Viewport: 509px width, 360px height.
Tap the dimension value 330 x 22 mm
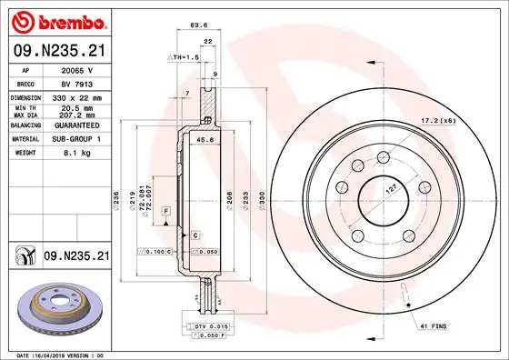pyautogui.click(x=76, y=95)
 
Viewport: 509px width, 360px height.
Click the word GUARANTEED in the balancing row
pyautogui.click(x=76, y=127)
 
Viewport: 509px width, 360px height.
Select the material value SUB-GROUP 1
pyautogui.click(x=76, y=140)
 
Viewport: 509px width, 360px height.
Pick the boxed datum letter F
pyautogui.click(x=166, y=211)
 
